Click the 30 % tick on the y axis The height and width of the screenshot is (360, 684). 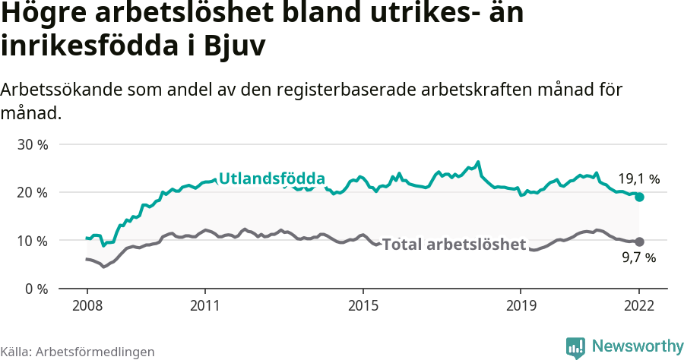32,144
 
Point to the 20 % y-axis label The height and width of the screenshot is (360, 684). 32,192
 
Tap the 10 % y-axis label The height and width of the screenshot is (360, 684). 32,241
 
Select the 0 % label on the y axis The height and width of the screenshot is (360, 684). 35,289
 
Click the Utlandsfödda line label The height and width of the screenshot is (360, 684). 272,178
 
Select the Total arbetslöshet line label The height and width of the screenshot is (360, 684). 454,245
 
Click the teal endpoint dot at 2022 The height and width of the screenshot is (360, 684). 639,197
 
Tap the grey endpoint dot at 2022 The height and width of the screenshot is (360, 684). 639,242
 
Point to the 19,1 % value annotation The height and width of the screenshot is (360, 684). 638,179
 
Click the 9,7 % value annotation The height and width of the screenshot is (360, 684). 638,258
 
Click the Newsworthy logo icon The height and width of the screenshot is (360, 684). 575,347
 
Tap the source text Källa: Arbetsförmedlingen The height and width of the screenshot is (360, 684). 78,352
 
